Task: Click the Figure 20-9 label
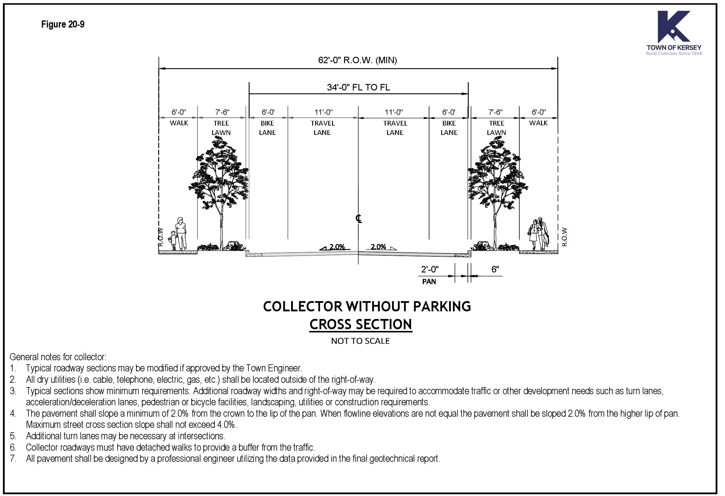[x=63, y=24]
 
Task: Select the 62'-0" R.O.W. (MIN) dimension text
[x=358, y=60]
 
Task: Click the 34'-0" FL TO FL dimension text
[x=358, y=87]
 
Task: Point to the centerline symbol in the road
[x=358, y=219]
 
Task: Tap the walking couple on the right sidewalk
[x=538, y=234]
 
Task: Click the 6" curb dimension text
[x=495, y=270]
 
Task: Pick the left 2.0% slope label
[x=337, y=247]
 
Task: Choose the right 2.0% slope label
[x=378, y=247]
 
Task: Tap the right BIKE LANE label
[x=449, y=128]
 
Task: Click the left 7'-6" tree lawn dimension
[x=222, y=112]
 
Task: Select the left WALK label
[x=179, y=123]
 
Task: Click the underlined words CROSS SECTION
[x=361, y=325]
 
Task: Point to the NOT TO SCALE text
[x=360, y=341]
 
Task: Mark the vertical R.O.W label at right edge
[x=564, y=237]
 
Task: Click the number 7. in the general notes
[x=13, y=459]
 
